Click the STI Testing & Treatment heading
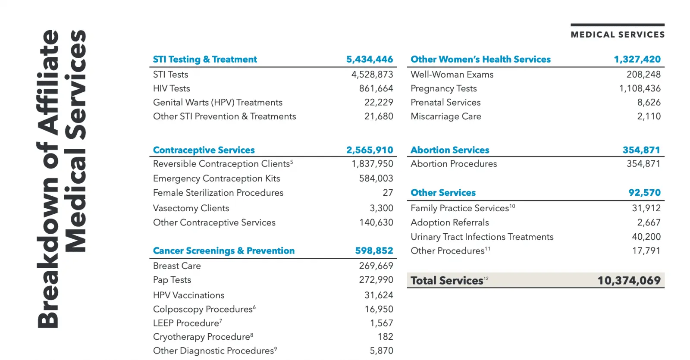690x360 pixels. tap(205, 59)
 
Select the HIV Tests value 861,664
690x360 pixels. tap(376, 88)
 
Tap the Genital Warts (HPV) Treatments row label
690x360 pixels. tap(218, 103)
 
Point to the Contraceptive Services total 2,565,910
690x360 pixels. tap(370, 150)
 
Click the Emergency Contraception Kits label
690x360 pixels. tap(216, 178)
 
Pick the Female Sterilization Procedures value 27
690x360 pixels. tap(388, 193)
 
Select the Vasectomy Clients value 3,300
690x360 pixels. tap(381, 208)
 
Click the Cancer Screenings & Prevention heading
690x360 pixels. tap(224, 251)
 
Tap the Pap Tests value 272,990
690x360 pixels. tap(376, 280)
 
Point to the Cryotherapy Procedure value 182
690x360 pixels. tap(385, 337)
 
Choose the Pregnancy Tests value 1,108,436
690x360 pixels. tap(640, 88)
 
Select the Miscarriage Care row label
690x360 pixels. tap(446, 116)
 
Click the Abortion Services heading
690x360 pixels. tap(450, 150)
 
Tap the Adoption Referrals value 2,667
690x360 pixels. tap(649, 222)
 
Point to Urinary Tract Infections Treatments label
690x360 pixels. tap(482, 237)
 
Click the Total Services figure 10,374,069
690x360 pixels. tap(629, 281)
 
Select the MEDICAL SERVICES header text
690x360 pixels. tap(618, 34)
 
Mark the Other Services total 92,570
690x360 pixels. tap(644, 193)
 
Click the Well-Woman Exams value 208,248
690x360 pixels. tap(643, 75)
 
